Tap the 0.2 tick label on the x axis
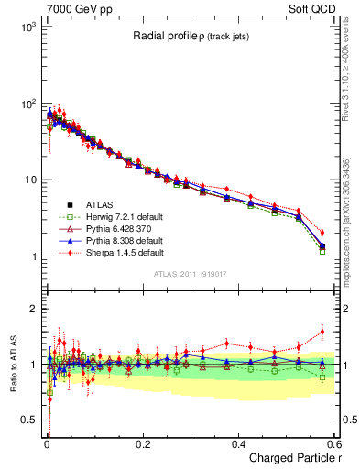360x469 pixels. coord(142,443)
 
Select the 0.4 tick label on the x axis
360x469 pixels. coord(237,443)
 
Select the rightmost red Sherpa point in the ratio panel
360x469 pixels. coord(322,332)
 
